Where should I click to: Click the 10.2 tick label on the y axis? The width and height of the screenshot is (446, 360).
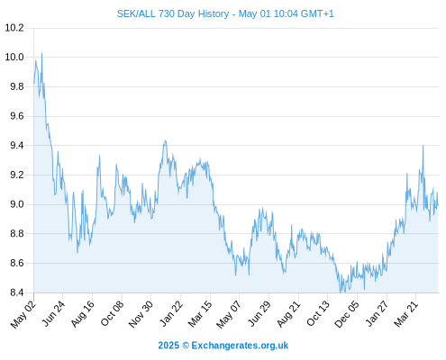[14, 28]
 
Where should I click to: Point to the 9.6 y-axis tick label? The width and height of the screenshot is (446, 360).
[17, 116]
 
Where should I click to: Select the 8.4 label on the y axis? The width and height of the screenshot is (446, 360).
[17, 292]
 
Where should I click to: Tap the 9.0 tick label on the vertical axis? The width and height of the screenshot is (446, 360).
[17, 204]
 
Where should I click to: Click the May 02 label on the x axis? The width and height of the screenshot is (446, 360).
[23, 314]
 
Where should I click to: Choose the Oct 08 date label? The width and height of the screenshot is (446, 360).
[112, 313]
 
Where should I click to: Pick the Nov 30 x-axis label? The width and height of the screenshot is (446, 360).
[141, 314]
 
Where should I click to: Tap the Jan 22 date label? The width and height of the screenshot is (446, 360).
[171, 313]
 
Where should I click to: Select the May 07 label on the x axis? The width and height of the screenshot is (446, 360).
[229, 314]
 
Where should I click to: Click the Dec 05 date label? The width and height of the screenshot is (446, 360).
[347, 314]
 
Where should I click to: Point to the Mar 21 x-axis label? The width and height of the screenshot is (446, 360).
[406, 314]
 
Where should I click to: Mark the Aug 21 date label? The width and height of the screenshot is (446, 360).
[288, 314]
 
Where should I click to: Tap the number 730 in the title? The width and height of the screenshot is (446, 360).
[167, 13]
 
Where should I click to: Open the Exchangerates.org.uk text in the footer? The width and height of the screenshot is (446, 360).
[240, 346]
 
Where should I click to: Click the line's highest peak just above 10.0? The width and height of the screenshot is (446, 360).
[41, 53]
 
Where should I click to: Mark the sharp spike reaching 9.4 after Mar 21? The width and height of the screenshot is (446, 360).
[423, 146]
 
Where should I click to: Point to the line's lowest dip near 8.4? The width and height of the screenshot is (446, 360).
[341, 292]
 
